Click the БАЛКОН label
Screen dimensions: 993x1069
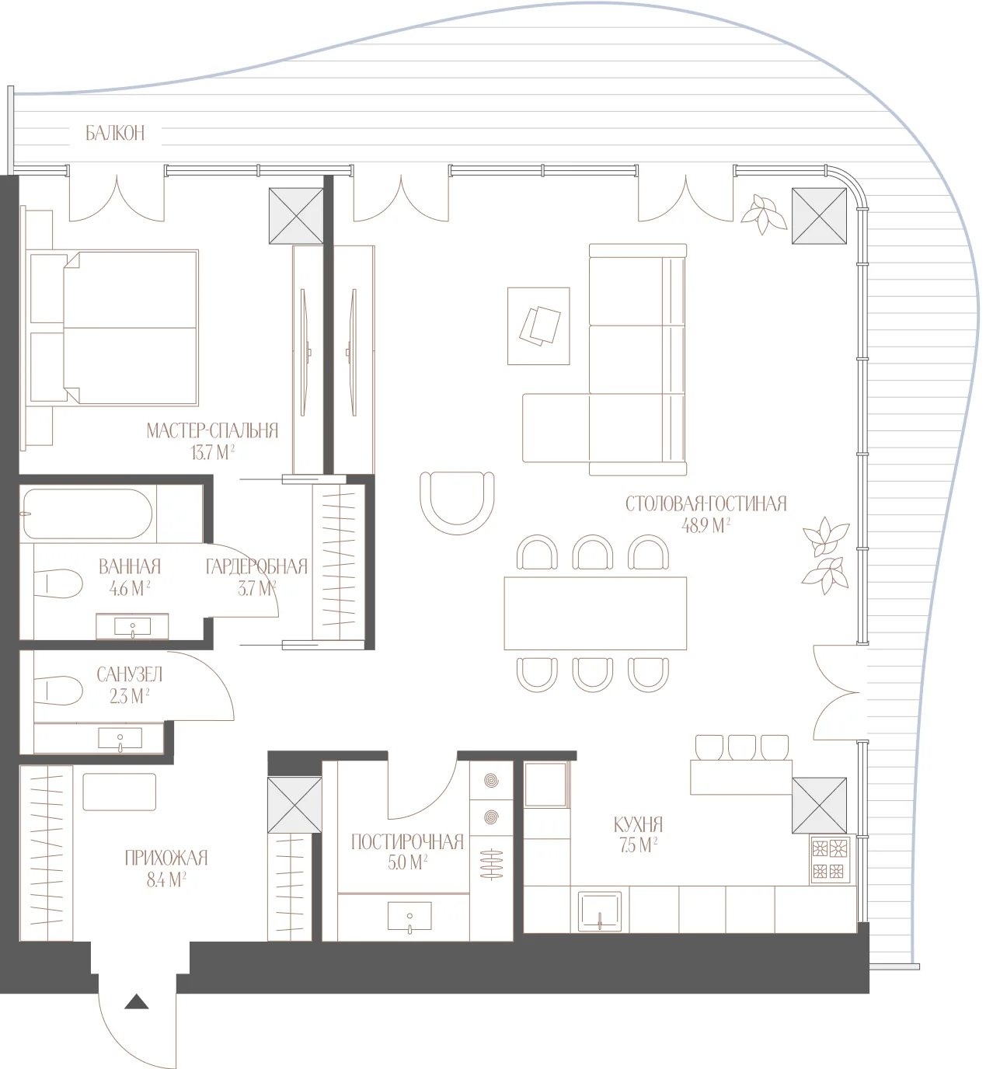point(115,133)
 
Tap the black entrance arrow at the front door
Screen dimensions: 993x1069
point(137,1001)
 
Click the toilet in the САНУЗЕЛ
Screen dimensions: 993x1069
point(57,690)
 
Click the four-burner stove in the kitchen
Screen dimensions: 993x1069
point(830,859)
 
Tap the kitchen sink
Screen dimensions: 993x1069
point(600,911)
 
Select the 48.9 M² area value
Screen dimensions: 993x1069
point(706,525)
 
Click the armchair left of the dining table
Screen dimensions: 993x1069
point(457,503)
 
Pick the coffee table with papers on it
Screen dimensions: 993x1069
point(538,326)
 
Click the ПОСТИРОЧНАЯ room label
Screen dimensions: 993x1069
point(407,842)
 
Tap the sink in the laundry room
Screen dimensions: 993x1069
point(409,916)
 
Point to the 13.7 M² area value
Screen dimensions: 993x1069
point(213,452)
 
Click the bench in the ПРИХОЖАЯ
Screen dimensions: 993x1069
point(119,792)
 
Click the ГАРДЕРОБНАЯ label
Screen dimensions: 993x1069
point(256,567)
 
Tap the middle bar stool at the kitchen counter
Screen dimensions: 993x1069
point(741,747)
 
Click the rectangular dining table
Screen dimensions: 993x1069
point(595,614)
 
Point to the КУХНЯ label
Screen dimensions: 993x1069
point(638,824)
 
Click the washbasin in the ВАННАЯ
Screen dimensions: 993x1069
point(132,626)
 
